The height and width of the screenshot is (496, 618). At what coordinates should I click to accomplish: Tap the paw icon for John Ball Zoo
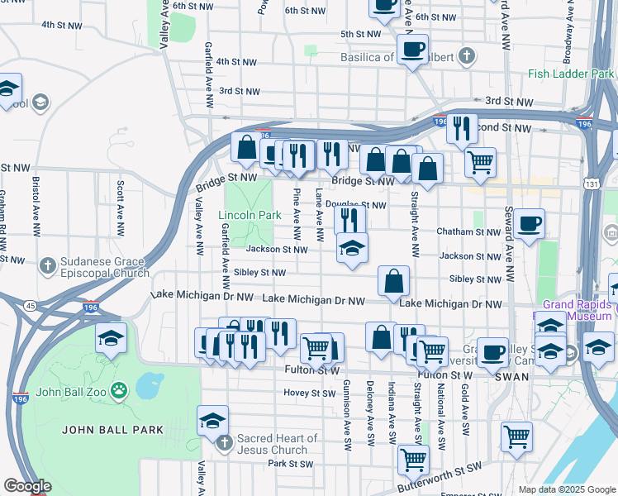121,388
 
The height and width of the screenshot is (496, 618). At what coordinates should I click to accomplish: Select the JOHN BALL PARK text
112,430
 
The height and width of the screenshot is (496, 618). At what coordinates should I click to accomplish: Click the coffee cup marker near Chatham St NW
529,223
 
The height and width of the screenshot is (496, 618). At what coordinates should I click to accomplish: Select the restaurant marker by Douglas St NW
350,220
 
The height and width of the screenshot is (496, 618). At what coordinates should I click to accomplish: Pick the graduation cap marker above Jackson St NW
353,248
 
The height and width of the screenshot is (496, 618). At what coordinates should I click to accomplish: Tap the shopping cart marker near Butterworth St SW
413,459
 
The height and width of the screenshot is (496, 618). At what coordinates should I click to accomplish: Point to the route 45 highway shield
29,305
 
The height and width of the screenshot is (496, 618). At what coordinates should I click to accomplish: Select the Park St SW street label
289,464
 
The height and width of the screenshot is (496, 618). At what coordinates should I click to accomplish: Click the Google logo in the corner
27,486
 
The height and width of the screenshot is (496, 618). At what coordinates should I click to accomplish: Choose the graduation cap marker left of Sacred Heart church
212,421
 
